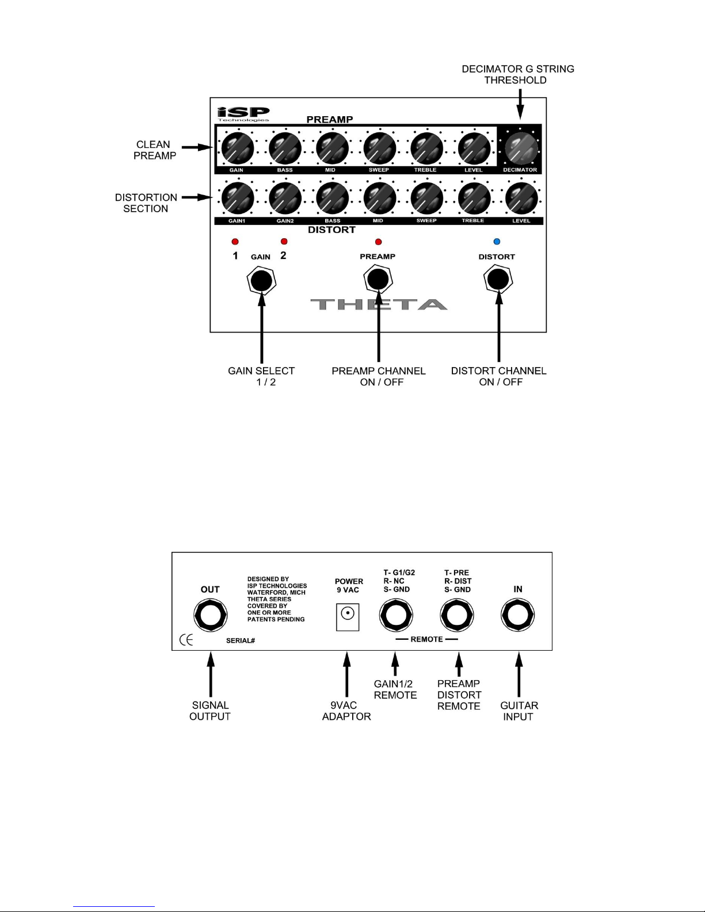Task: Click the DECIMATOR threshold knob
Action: (521, 148)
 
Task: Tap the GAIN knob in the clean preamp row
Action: (238, 148)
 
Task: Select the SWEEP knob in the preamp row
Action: (380, 148)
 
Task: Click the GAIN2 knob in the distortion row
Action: (285, 199)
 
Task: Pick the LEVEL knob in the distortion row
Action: (521, 199)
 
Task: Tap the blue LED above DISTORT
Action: (497, 241)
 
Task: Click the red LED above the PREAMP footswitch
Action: (378, 242)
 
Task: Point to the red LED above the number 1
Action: (235, 241)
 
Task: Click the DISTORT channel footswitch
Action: (498, 280)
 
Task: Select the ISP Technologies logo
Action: (243, 114)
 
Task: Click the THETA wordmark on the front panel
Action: (379, 304)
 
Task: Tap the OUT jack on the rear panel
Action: (210, 615)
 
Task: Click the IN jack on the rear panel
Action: (517, 615)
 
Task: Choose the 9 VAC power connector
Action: (348, 617)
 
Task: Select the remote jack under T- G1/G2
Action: (396, 615)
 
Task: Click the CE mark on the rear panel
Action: (186, 640)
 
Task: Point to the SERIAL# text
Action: (241, 640)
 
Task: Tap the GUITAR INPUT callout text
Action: (519, 711)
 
